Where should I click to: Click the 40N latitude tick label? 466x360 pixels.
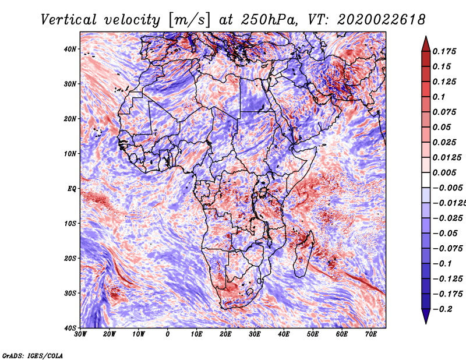pos(70,49)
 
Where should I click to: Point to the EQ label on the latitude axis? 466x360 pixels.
pos(72,189)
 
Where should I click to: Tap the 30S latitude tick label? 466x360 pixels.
pos(70,293)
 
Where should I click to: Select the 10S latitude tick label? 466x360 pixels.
pos(70,224)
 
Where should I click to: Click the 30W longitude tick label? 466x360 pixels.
pos(80,334)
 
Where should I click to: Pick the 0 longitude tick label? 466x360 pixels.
pos(168,334)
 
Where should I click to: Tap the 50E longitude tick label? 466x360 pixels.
pos(313,334)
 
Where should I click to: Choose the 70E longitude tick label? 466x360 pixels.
pos(370,334)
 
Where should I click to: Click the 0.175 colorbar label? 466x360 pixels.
pos(444,51)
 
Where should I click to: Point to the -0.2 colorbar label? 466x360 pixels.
pos(442,309)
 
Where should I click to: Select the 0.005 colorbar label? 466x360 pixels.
pos(444,172)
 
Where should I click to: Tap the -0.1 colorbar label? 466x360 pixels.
pos(442,264)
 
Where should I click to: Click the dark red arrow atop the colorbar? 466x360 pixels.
pos(426,45)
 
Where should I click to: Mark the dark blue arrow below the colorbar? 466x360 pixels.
pos(426,316)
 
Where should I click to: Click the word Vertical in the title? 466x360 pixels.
pos(69,20)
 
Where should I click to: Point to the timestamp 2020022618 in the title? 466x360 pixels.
pos(382,20)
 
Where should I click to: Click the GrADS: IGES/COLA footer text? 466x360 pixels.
pos(33,355)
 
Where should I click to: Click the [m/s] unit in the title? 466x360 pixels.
pos(189,20)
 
